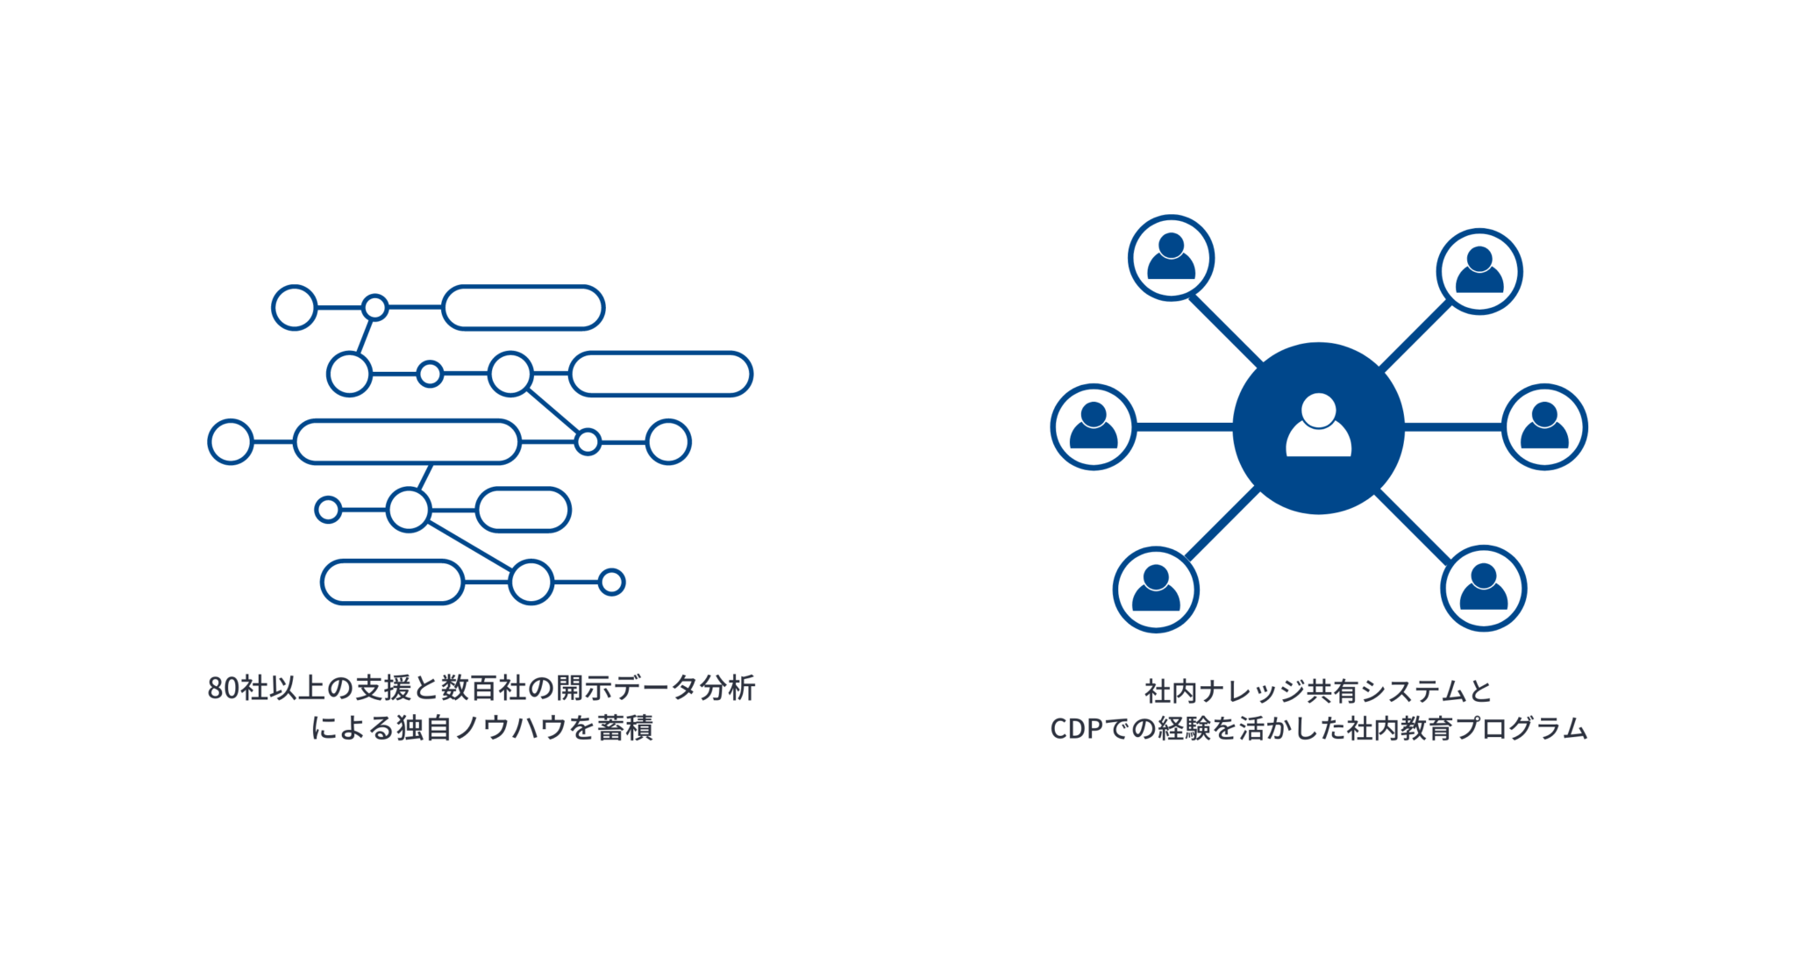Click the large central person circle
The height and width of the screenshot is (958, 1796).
[x=1318, y=428]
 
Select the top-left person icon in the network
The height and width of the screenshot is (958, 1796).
[x=1171, y=258]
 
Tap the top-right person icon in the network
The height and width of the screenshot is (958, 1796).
[x=1479, y=271]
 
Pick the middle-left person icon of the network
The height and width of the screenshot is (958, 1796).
[x=1094, y=427]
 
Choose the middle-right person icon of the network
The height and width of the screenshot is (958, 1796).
[x=1544, y=427]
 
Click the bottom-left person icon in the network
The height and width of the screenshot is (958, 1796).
[x=1156, y=589]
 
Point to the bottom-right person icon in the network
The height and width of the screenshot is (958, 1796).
[x=1483, y=589]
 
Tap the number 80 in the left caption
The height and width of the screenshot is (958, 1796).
[x=223, y=690]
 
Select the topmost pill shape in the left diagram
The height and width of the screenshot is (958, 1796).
[x=524, y=308]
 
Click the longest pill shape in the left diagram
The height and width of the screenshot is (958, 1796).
[x=407, y=441]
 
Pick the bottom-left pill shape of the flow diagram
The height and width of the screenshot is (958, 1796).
[x=392, y=583]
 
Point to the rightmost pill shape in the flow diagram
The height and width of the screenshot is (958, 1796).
[x=660, y=375]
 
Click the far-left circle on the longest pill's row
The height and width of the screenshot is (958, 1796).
[x=231, y=441]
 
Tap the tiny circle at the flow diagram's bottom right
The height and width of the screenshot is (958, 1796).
[x=612, y=582]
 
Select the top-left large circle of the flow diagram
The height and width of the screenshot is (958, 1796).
[x=294, y=307]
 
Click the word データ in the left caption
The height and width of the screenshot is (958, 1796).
[x=654, y=690]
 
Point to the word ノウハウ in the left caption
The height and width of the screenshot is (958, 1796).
[x=510, y=729]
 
